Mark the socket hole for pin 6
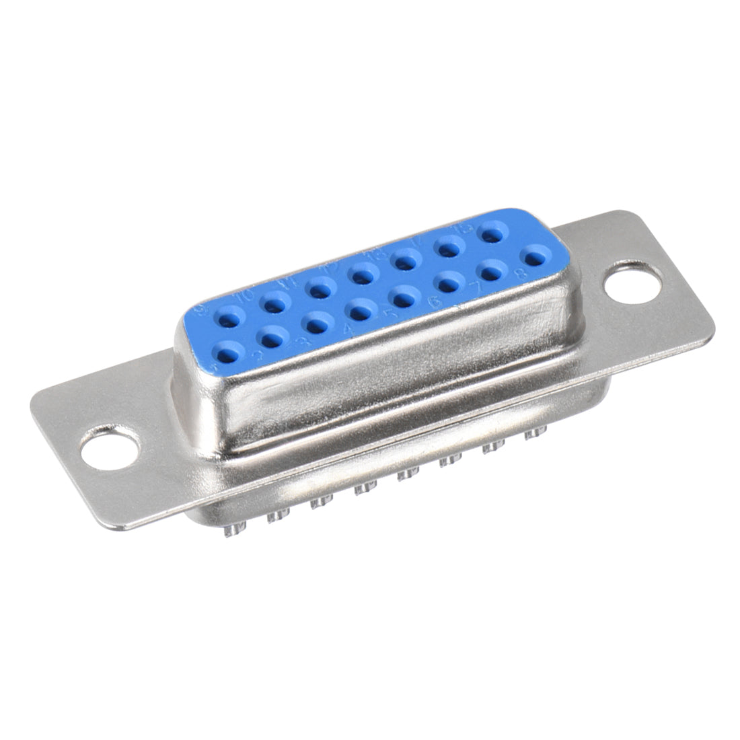click(447, 283)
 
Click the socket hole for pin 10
click(272, 304)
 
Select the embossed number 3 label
click(303, 342)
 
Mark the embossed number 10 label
click(242, 294)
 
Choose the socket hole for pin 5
click(404, 297)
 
